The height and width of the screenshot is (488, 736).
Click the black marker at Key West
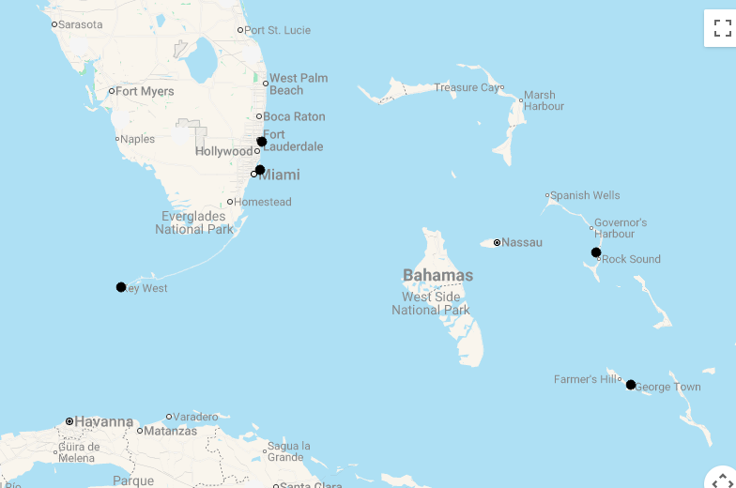[x=121, y=287]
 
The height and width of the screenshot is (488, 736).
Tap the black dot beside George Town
[x=631, y=385]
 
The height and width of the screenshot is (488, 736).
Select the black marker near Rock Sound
[x=596, y=252]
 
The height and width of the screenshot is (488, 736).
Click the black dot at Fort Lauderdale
[x=262, y=142]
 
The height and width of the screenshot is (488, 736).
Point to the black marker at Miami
[x=260, y=170]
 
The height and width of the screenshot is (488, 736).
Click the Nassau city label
[x=522, y=242]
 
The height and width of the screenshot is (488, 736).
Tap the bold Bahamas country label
[x=437, y=275]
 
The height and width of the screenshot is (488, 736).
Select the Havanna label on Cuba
[x=103, y=421]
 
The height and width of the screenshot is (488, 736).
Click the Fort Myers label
[x=145, y=91]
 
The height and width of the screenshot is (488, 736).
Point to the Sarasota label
[x=80, y=24]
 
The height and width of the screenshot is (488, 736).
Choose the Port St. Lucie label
[x=277, y=30]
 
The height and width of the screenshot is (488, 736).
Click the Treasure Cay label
[x=467, y=87]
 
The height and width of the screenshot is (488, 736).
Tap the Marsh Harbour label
[x=544, y=100]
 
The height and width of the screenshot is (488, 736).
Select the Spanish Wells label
[x=585, y=195]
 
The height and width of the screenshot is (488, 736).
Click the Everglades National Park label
[x=194, y=222]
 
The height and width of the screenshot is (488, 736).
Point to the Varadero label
[x=196, y=417]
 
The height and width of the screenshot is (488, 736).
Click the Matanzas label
[x=171, y=431]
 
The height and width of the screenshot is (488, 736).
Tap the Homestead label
[x=263, y=202]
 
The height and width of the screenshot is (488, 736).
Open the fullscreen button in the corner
[x=721, y=28]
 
